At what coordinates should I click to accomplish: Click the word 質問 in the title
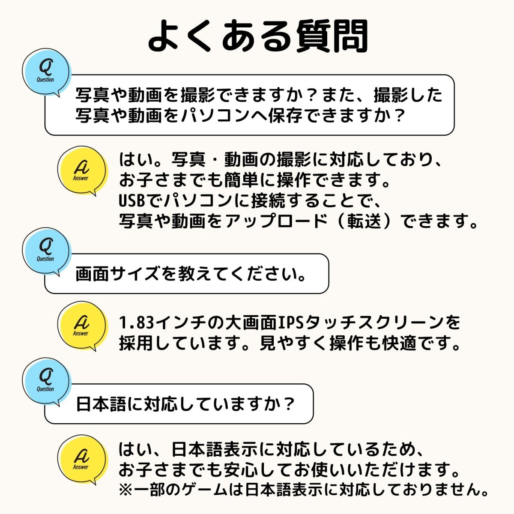click(x=332, y=36)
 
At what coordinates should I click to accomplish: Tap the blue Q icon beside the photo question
click(x=46, y=72)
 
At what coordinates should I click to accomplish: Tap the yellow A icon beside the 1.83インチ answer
click(x=83, y=326)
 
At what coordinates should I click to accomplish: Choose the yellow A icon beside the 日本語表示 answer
click(x=83, y=459)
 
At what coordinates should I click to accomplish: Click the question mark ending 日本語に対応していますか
click(x=288, y=404)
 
